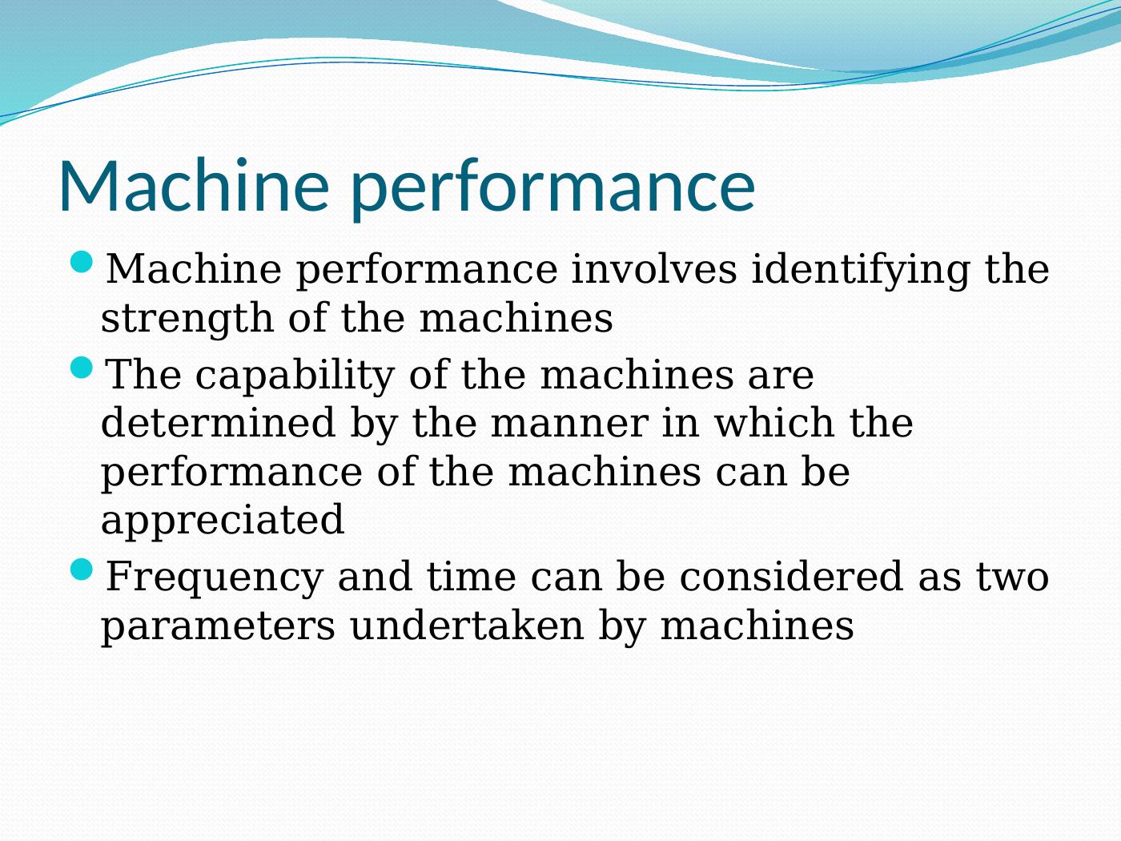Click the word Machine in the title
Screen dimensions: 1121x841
point(194,185)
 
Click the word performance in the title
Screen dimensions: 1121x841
point(552,190)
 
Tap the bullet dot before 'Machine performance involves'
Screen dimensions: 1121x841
point(81,262)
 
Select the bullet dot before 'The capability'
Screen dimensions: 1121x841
point(81,367)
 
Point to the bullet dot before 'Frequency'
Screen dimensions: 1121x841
point(81,569)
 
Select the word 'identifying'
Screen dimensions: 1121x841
point(861,271)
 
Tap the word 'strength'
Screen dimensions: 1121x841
point(187,320)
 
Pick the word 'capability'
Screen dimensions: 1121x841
point(295,376)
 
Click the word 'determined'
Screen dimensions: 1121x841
point(218,422)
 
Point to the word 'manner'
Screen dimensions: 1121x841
point(569,425)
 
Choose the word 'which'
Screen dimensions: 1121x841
point(774,422)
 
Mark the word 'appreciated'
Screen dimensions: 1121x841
point(223,521)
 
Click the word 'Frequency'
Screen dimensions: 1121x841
point(214,577)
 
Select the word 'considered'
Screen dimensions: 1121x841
point(791,575)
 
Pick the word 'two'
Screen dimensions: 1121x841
point(1012,577)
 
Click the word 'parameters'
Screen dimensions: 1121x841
point(218,628)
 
